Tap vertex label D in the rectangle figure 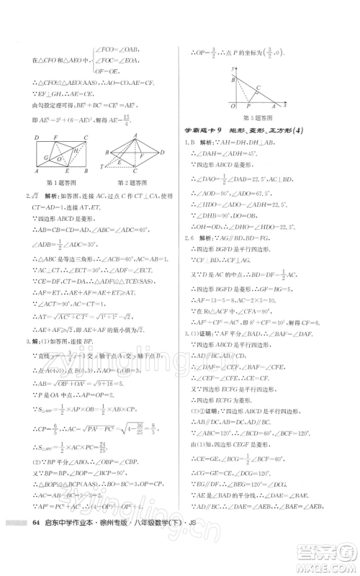(36, 137)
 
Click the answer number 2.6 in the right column (189, 258)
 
